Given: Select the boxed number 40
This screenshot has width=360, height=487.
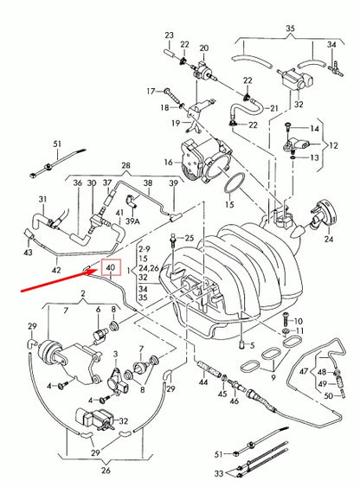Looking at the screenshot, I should click(x=110, y=269).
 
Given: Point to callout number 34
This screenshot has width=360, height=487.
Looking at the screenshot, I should click(x=331, y=44).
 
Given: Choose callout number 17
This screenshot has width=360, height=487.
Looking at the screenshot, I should click(x=150, y=90).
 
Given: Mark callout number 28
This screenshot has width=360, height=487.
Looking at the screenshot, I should click(x=125, y=164).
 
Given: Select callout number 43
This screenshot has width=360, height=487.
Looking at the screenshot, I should click(x=29, y=252).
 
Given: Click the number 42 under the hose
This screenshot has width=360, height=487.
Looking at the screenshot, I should click(x=56, y=271).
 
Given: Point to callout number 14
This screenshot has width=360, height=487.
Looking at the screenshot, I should click(x=316, y=128).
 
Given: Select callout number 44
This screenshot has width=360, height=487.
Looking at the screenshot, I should click(x=203, y=381).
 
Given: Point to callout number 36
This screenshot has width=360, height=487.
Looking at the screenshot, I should click(x=77, y=183).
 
